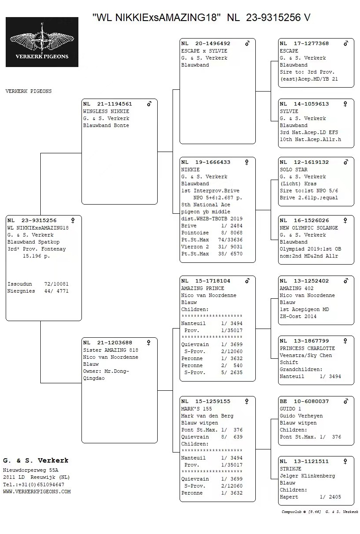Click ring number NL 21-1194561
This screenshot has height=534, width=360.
pos(107,104)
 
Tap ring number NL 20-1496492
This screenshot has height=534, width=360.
pos(205,44)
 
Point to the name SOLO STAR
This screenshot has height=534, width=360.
pos(293,170)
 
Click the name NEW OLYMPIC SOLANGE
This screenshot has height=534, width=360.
pos(309,228)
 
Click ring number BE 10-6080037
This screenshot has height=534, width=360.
pos(304,402)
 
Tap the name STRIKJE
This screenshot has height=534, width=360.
pos(290,469)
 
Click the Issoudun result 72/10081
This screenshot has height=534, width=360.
pos(56,284)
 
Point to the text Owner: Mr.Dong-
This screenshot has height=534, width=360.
pos(106,371)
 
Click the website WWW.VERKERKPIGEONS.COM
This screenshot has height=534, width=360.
pos(37,492)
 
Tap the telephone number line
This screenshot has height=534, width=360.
pos(34,485)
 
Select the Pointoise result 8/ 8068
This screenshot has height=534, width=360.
pos(232,233)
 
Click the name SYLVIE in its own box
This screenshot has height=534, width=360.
pos(289,111)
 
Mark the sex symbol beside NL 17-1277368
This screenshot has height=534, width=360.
pos(346,43)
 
